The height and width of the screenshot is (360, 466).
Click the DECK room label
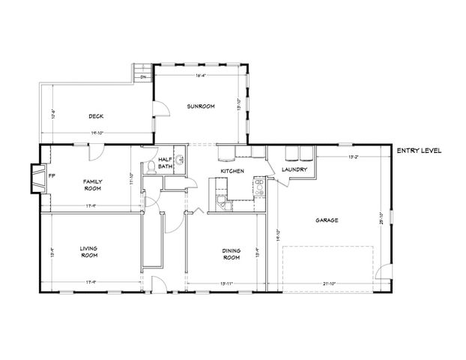[x=95, y=116]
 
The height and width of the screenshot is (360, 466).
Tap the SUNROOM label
[x=201, y=106]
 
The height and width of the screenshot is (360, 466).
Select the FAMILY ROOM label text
[x=93, y=184]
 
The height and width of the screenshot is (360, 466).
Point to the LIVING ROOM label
[x=90, y=251]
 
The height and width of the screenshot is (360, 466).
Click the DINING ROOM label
[x=231, y=254]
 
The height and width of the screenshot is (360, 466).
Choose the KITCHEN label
[x=232, y=172]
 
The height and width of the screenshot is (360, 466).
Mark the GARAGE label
[x=327, y=220]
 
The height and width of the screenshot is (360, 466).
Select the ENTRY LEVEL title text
[x=419, y=151]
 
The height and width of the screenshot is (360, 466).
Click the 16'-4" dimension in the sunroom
[x=201, y=75]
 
